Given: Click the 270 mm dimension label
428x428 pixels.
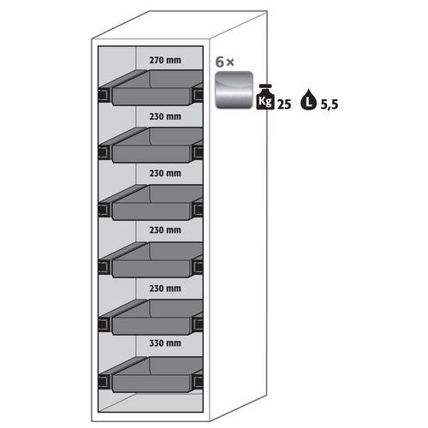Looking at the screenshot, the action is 165,60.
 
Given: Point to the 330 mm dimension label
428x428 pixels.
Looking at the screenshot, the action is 165,343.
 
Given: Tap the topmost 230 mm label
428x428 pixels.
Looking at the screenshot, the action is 165,116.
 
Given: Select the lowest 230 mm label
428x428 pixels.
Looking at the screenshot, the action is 165,288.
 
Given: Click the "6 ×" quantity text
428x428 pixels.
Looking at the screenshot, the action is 225,62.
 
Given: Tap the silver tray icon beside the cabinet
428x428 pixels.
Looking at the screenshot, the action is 234,90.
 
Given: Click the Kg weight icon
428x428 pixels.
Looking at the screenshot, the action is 265,97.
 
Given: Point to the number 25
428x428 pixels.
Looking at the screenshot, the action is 284,104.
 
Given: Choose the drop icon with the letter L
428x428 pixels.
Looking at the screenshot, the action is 308,99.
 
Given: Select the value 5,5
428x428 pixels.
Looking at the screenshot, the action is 330,104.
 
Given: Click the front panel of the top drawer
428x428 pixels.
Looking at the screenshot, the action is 152,97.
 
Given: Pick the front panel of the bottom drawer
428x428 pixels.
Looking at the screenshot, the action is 152,383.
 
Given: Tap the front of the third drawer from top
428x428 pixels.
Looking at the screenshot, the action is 152,211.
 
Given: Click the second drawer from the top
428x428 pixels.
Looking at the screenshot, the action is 152,145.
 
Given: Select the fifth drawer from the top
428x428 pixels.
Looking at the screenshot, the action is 152,317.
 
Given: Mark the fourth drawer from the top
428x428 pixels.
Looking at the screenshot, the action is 152,259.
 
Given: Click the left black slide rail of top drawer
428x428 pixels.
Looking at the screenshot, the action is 104,95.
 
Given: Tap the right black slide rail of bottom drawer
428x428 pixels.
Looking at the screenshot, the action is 198,382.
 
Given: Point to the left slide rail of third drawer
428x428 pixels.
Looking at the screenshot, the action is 104,210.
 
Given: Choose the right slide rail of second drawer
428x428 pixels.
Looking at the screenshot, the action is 198,152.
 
